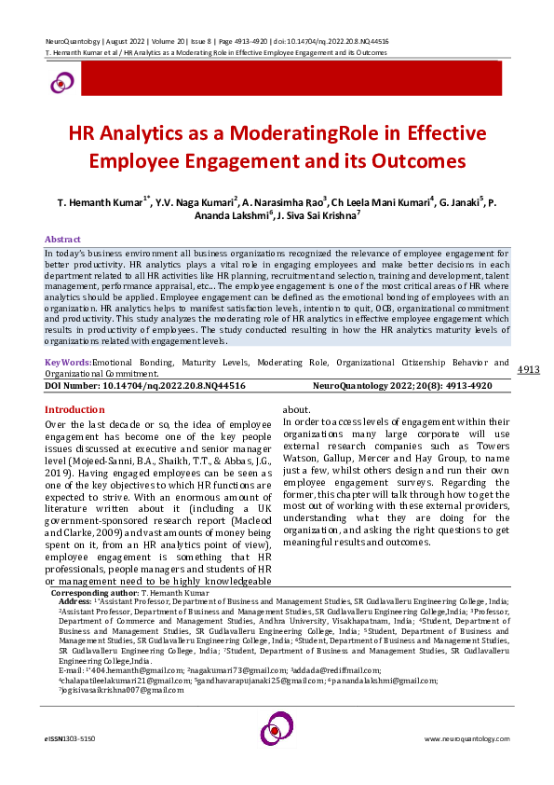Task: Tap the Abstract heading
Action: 63,240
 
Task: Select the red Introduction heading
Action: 74,410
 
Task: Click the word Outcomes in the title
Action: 419,160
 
